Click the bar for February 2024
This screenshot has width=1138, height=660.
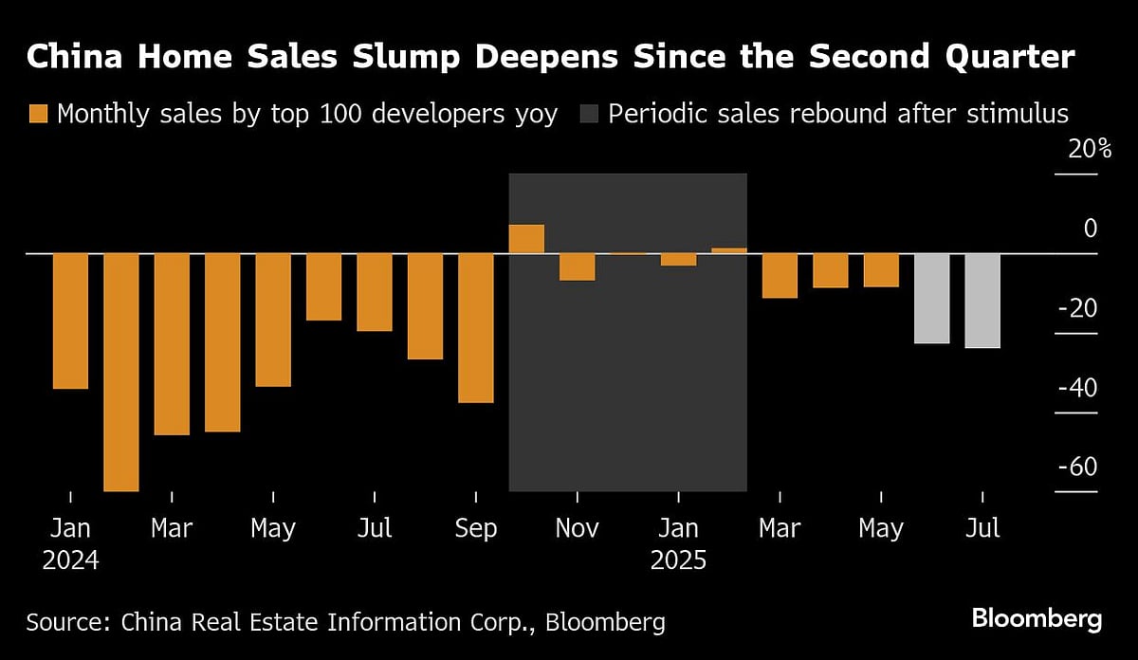point(121,372)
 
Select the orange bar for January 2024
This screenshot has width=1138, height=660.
point(70,321)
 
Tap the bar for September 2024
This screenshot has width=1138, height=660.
point(476,328)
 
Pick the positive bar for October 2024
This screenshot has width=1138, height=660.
point(526,239)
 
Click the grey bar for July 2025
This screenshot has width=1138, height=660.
point(982,301)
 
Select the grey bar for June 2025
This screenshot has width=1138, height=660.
point(931,298)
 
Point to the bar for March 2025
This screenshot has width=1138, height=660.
point(780,276)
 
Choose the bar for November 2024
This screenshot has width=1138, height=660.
point(577,267)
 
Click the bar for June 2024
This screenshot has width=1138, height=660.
point(324,286)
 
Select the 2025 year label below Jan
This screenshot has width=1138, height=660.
point(678,560)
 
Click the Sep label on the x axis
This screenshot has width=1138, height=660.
point(476,528)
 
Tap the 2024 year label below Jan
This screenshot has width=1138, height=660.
point(70,560)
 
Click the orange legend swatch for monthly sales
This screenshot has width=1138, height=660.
point(38,115)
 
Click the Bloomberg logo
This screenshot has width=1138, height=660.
point(1037,620)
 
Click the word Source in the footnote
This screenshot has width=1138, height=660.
point(65,622)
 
